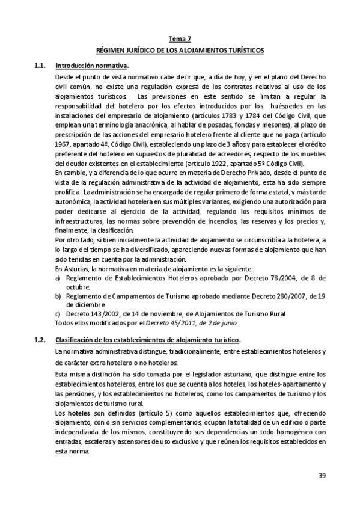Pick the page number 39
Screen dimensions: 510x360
322,476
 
